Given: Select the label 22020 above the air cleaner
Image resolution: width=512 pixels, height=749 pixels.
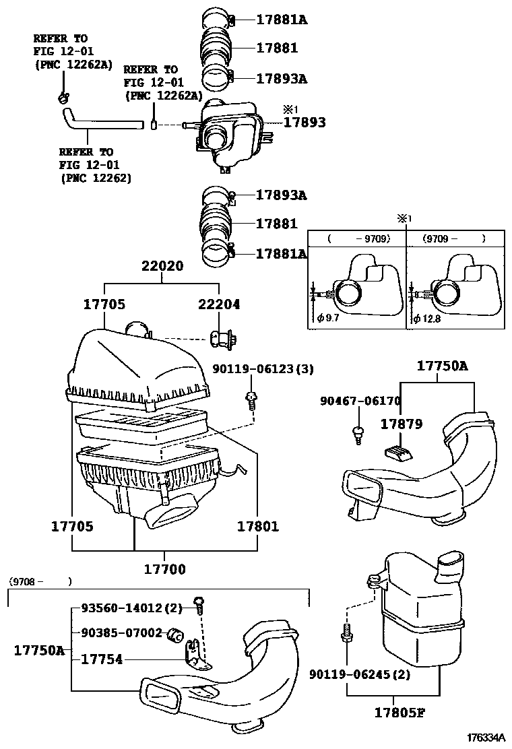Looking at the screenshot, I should coord(162,266).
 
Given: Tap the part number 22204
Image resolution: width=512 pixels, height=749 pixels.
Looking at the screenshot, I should coord(218,304).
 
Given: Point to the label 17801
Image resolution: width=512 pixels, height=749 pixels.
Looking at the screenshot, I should coord(257,525).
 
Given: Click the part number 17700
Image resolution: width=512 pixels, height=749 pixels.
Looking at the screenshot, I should coord(164,569).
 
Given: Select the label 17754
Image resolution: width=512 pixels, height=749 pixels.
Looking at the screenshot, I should coord(102,659).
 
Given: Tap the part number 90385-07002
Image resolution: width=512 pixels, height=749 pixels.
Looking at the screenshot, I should coord(122,633).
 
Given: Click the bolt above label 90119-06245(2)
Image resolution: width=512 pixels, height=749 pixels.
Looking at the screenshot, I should coord(346,633).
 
